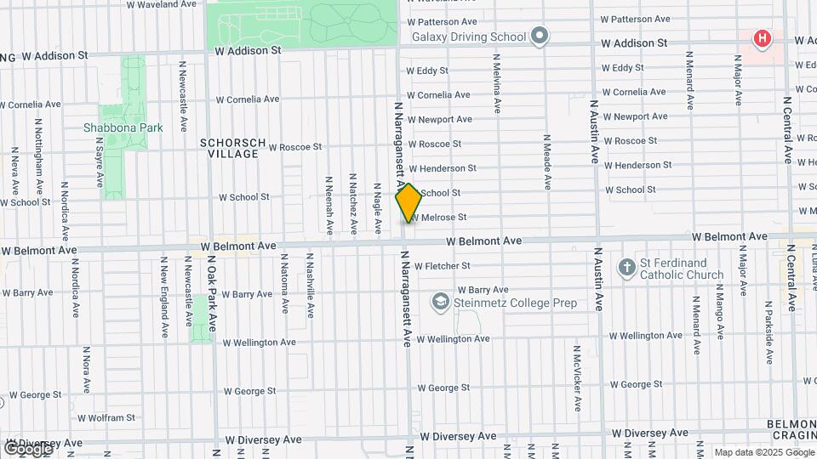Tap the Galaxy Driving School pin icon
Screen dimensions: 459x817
coord(539,37)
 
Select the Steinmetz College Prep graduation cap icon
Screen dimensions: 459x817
coord(440,302)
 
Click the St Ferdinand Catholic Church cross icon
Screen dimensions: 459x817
coord(626,268)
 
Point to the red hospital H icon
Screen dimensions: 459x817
coord(763,38)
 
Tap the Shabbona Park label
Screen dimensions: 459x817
coord(111,127)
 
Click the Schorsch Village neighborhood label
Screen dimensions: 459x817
coord(233,148)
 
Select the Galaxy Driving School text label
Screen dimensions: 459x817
coord(469,37)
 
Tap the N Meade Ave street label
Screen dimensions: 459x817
coord(547,161)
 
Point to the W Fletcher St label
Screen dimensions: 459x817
coord(454,266)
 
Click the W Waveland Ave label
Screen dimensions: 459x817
coord(162,4)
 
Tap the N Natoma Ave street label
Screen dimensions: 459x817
coord(280,285)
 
